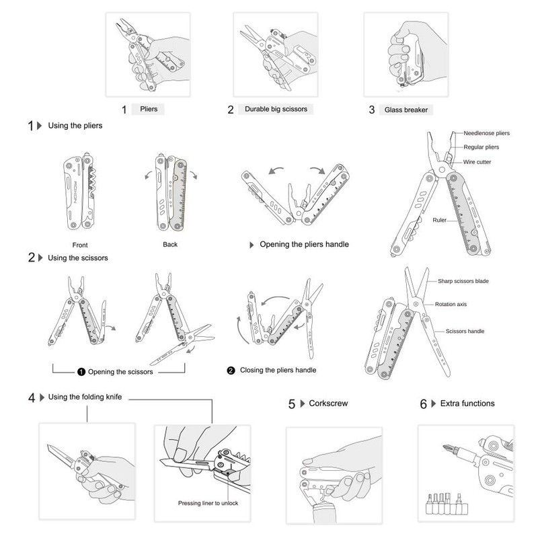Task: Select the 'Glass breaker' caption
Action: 406,110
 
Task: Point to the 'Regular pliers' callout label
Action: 481,147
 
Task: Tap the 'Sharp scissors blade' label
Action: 475,281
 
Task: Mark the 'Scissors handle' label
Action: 465,331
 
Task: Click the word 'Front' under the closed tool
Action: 79,245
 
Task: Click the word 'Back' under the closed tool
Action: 170,245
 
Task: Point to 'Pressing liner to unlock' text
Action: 208,503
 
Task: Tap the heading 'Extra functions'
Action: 467,403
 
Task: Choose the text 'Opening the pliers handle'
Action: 304,244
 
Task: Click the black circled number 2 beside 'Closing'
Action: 231,371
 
